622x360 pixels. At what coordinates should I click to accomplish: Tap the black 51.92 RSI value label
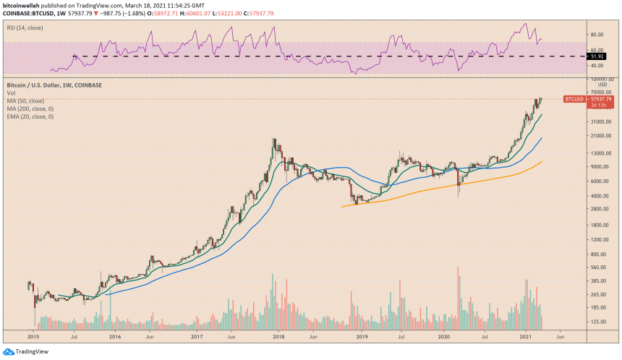click(597, 56)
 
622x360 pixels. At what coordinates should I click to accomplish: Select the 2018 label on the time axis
click(275, 336)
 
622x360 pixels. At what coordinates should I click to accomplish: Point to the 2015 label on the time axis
click(32, 336)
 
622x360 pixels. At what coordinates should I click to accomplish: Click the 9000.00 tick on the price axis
click(597, 166)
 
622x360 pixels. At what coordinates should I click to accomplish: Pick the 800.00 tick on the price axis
click(596, 254)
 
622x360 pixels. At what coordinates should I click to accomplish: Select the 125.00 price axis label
click(596, 322)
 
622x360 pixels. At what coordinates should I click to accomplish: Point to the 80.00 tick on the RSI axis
click(597, 34)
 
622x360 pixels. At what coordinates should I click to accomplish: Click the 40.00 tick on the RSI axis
click(597, 66)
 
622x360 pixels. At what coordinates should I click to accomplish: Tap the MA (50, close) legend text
click(29, 100)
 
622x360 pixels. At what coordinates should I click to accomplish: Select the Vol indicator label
click(12, 93)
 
